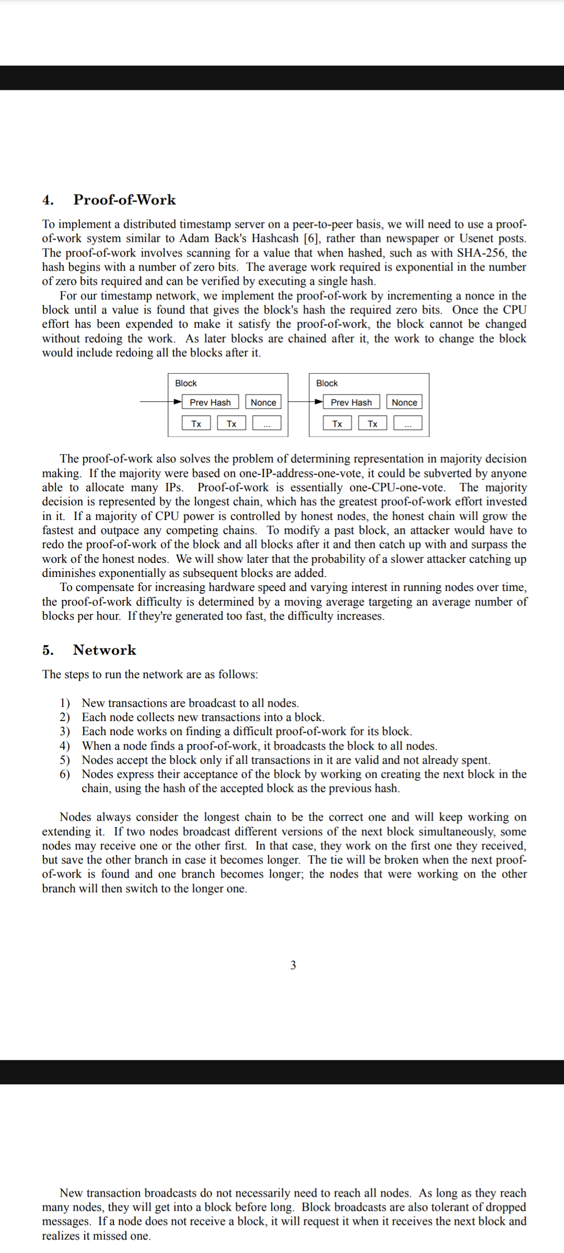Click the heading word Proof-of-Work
[124, 200]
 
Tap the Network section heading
[104, 650]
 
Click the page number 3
[293, 965]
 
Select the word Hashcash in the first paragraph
[275, 239]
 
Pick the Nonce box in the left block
[263, 403]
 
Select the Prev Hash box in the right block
[351, 403]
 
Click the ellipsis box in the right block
[408, 423]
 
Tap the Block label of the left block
[186, 383]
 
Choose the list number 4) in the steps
[64, 746]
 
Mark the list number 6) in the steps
[64, 774]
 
